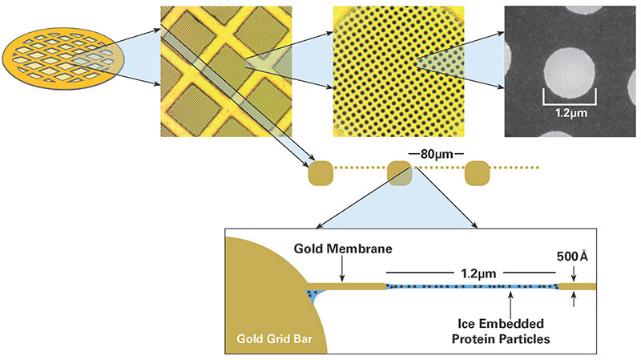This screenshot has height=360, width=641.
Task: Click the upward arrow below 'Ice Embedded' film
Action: [510, 299]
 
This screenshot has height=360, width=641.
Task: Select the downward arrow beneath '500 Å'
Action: [574, 274]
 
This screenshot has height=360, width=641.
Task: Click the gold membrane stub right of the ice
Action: [577, 286]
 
